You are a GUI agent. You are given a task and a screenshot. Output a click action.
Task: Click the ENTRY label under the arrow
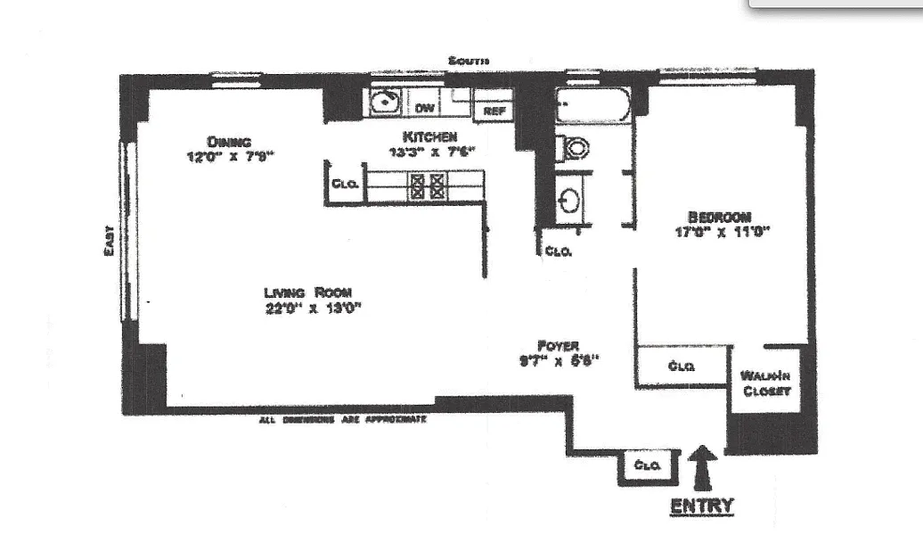pyautogui.click(x=701, y=506)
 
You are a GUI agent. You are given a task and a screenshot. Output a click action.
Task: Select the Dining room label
pyautogui.click(x=229, y=141)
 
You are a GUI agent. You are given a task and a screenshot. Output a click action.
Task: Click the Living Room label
pyautogui.click(x=306, y=292)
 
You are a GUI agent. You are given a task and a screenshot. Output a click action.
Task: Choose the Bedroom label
pyautogui.click(x=719, y=217)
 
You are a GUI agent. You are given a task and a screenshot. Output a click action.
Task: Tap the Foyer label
pyautogui.click(x=559, y=345)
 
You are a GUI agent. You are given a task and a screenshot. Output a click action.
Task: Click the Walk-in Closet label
pyautogui.click(x=765, y=383)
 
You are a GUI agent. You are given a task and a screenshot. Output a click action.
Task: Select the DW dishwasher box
pyautogui.click(x=426, y=108)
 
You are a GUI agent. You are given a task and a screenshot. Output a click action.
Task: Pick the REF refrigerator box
pyautogui.click(x=494, y=111)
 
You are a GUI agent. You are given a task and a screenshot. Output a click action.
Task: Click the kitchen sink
pyautogui.click(x=385, y=102)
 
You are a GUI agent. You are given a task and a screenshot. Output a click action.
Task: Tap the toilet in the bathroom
pyautogui.click(x=576, y=147)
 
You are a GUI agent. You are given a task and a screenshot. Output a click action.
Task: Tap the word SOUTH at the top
pyautogui.click(x=468, y=61)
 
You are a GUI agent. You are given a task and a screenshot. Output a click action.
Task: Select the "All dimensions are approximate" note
pyautogui.click(x=342, y=418)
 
